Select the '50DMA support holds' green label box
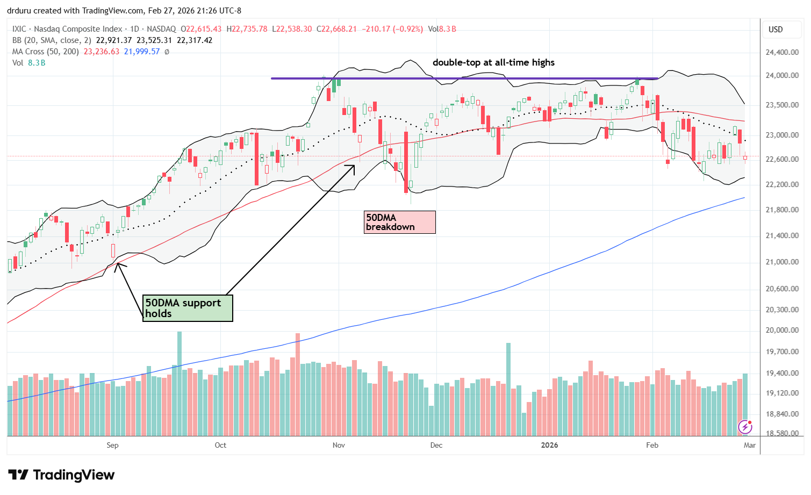click(x=188, y=308)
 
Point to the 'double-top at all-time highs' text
click(x=493, y=62)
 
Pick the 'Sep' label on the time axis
click(x=112, y=445)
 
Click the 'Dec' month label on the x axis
click(x=436, y=445)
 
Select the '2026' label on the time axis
click(x=549, y=445)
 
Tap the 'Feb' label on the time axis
click(x=652, y=445)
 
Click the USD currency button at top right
click(x=776, y=30)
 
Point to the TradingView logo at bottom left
click(x=61, y=475)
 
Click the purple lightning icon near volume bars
click(x=745, y=427)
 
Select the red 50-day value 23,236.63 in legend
click(x=101, y=52)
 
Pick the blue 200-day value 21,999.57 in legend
click(x=142, y=52)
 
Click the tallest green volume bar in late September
click(x=179, y=383)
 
